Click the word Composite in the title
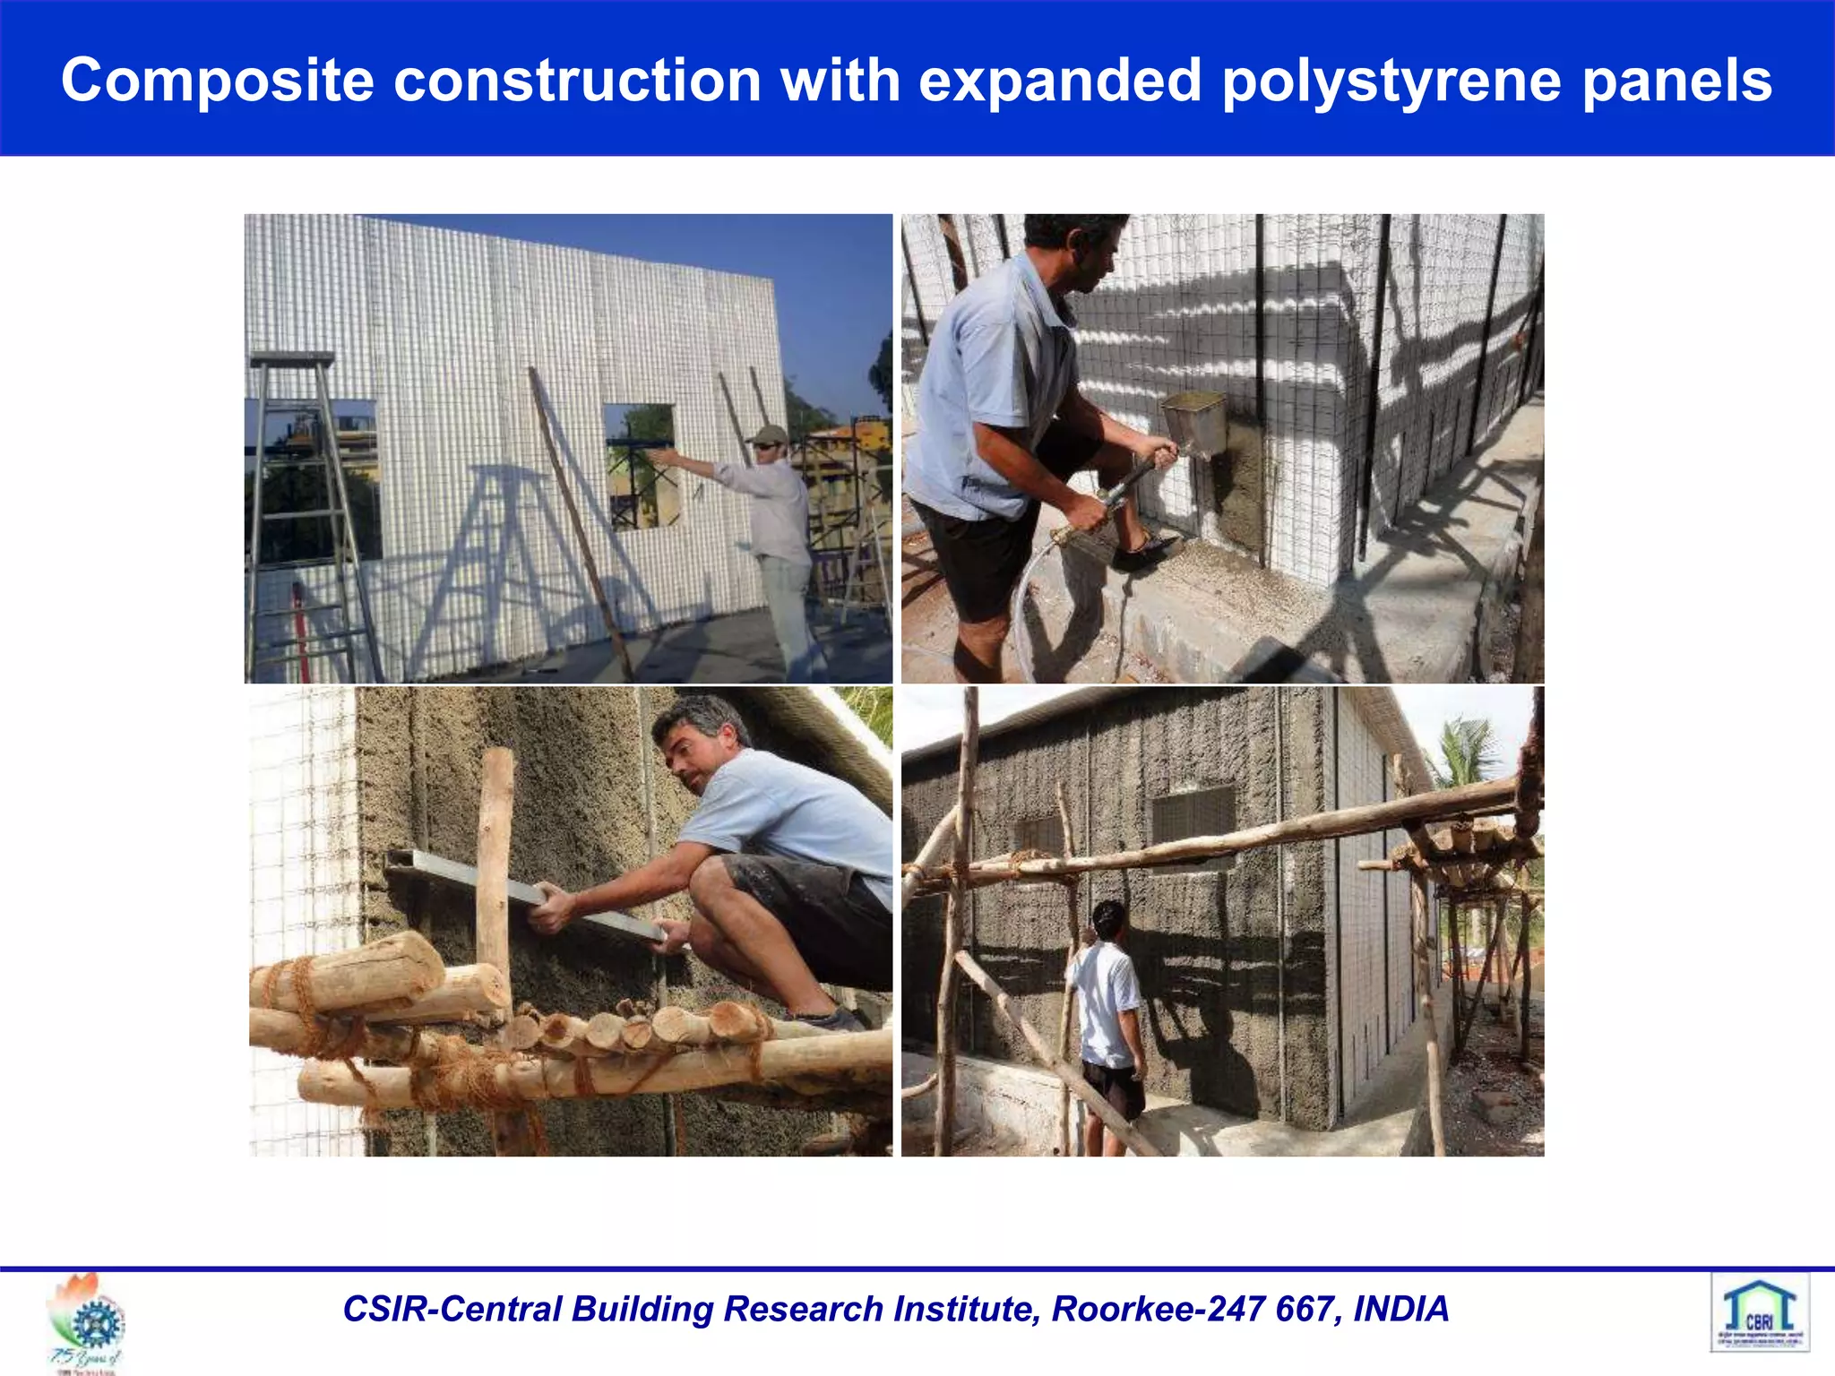tap(217, 81)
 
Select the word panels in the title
tap(1676, 81)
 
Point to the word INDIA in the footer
tap(1400, 1309)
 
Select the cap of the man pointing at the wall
tap(768, 435)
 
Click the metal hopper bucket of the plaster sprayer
tap(1194, 422)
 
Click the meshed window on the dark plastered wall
tap(1193, 821)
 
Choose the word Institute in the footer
tap(964, 1309)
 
